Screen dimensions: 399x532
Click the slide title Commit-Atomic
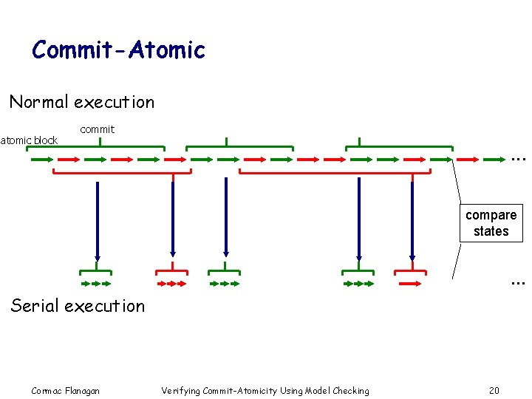click(x=118, y=50)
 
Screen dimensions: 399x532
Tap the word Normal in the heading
click(x=38, y=102)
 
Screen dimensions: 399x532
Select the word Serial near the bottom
click(x=35, y=306)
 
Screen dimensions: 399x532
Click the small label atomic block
click(x=29, y=140)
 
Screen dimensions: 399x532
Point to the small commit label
click(x=97, y=129)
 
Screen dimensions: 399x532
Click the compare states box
click(x=491, y=223)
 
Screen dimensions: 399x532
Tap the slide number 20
click(x=494, y=390)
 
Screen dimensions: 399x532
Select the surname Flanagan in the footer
click(x=82, y=390)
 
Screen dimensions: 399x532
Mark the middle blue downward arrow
click(x=226, y=219)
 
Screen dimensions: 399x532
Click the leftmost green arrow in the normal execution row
click(x=38, y=159)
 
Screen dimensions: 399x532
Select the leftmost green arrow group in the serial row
click(x=95, y=283)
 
